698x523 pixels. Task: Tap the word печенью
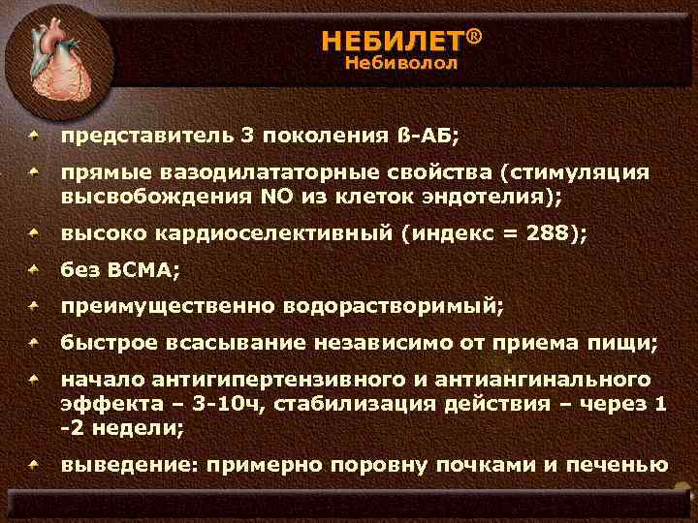[615, 464]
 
